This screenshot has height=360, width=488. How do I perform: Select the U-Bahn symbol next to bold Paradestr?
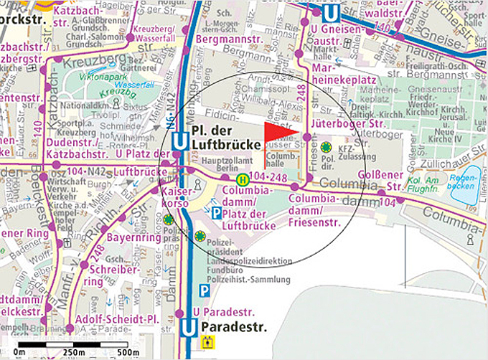tap(189, 328)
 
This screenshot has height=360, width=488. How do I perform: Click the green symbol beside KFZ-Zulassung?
tap(326, 147)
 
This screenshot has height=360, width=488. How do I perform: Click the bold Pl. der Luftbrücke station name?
tap(226, 138)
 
